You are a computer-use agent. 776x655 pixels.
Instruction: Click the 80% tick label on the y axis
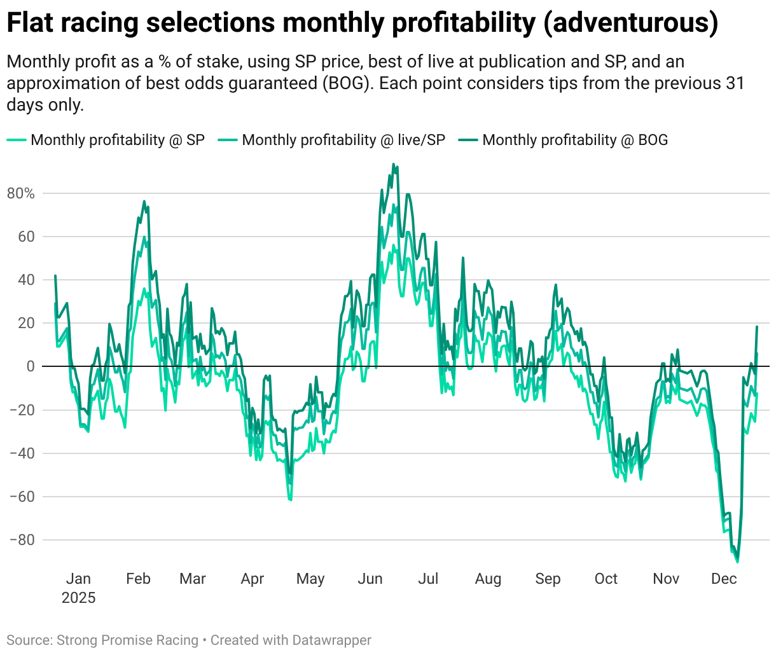(21, 193)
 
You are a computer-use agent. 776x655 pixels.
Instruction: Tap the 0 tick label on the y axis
(31, 366)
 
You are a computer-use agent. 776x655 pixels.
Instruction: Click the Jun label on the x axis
(370, 579)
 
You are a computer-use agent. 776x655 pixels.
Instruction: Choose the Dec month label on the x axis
(724, 579)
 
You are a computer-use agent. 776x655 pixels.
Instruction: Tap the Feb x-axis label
(138, 579)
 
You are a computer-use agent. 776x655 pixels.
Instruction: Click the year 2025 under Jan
(78, 598)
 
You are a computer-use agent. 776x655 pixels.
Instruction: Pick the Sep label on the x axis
(548, 579)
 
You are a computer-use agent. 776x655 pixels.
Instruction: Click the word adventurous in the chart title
(632, 23)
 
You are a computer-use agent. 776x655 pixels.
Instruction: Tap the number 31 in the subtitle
(735, 83)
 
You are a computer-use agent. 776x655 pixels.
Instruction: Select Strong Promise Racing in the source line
(127, 640)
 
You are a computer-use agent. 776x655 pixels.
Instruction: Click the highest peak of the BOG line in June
(393, 164)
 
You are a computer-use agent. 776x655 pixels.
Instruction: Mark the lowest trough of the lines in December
(737, 562)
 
